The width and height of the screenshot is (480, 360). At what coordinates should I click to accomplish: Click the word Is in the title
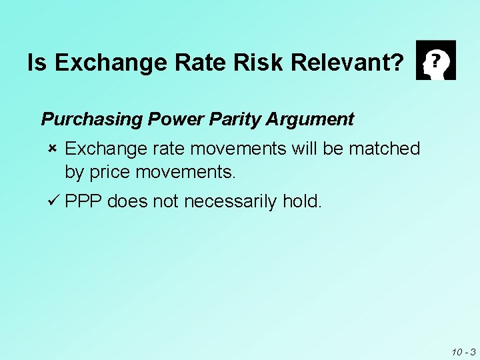click(x=38, y=63)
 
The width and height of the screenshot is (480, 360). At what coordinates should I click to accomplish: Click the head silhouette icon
click(x=435, y=60)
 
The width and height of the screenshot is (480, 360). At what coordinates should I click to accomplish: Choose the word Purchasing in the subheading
click(x=92, y=119)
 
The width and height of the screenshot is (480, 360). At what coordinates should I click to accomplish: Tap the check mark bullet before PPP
click(x=53, y=201)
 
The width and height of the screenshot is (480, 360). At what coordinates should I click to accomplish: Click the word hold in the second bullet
click(x=303, y=201)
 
